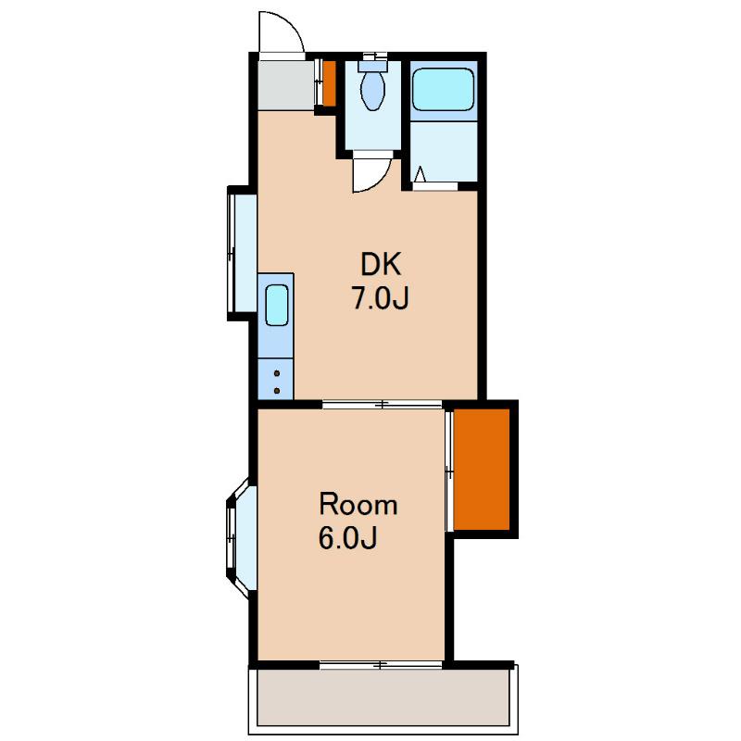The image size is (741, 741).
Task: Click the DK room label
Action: click(x=381, y=265)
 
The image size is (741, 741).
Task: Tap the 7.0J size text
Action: click(x=380, y=298)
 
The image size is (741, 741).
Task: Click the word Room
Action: click(x=358, y=505)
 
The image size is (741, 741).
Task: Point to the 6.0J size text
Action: click(x=348, y=538)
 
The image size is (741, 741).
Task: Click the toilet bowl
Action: click(x=373, y=91)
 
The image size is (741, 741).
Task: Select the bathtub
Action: click(x=443, y=89)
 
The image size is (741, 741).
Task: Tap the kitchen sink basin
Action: click(x=276, y=306)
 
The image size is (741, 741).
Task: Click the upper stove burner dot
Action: click(x=277, y=373)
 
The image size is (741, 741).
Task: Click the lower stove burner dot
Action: click(x=277, y=391)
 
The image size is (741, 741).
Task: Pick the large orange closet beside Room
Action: click(x=482, y=470)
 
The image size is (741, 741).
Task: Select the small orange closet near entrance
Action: click(x=330, y=83)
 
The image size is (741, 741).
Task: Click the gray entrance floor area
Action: click(x=286, y=85)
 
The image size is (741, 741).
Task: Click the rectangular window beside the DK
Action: click(x=242, y=253)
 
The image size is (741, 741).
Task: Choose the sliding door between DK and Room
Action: click(x=383, y=405)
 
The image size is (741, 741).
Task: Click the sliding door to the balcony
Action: click(x=381, y=665)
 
